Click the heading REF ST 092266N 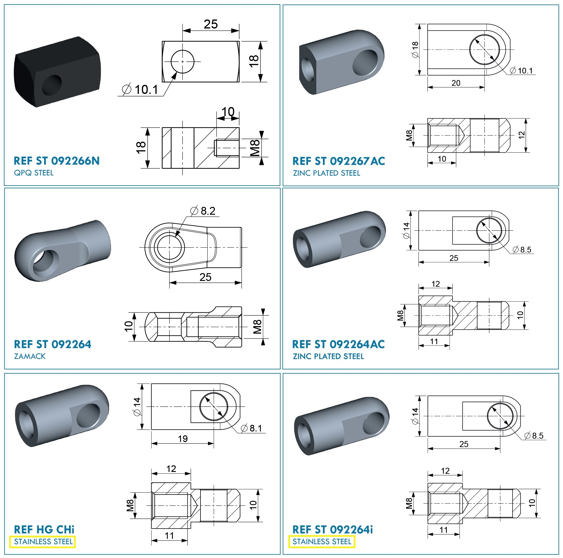[x=56, y=161]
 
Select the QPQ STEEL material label [x=34, y=173]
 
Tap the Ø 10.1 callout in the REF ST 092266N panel [x=140, y=89]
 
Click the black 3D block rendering [x=57, y=72]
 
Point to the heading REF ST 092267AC [x=339, y=161]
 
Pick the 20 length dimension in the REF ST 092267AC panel [x=456, y=83]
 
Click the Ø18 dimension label [x=415, y=49]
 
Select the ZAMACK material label [x=30, y=356]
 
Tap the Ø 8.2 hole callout [x=203, y=211]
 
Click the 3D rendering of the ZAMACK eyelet [x=63, y=251]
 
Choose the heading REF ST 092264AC [x=338, y=344]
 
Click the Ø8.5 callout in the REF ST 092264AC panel [x=522, y=249]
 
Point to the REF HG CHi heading [x=44, y=530]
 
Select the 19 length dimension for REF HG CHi [x=183, y=439]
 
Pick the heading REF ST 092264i [x=333, y=530]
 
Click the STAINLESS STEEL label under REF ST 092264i [x=322, y=542]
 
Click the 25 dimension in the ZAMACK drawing [x=206, y=277]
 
